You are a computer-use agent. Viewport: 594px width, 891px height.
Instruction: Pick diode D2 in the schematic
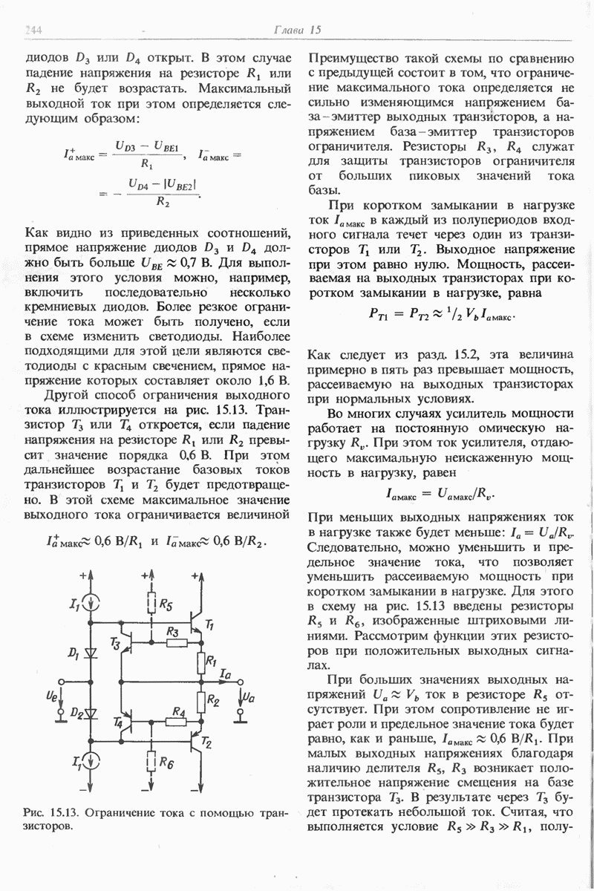pyautogui.click(x=92, y=714)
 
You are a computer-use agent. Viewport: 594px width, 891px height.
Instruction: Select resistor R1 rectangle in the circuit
pyautogui.click(x=200, y=661)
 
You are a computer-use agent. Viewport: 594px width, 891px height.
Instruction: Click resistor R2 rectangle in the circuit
pyautogui.click(x=200, y=699)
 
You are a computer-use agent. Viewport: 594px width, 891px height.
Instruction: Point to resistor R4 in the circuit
pyautogui.click(x=175, y=722)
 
